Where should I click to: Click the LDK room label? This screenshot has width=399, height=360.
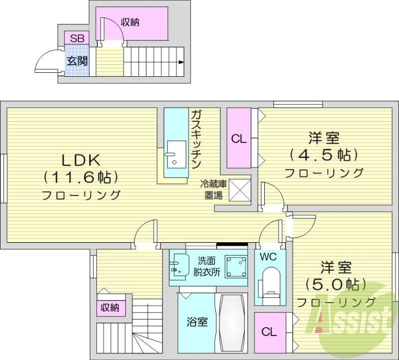coord(81,160)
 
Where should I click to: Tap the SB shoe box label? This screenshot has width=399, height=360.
coord(77,38)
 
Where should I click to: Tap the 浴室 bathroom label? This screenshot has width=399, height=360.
coord(197,322)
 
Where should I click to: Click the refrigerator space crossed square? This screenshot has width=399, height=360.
coord(239,189)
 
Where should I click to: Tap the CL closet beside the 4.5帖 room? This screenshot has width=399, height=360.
coord(239,139)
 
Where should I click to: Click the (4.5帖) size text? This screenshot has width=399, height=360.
coord(324,154)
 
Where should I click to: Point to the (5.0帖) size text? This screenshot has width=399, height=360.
coord(336,284)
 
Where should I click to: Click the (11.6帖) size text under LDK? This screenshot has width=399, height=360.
coord(81,177)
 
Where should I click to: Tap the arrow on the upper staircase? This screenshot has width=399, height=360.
coord(181,62)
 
